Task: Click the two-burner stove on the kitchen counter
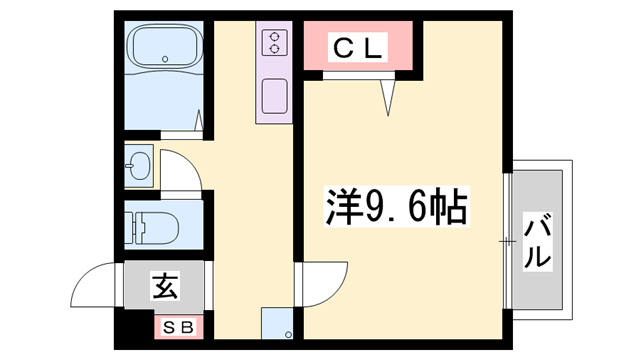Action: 274,42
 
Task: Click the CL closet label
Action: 357,48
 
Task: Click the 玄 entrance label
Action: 164,287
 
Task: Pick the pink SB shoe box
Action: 180,326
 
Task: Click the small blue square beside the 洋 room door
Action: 276,324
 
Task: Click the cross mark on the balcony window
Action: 508,240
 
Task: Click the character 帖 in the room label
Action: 447,207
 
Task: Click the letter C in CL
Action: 341,48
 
